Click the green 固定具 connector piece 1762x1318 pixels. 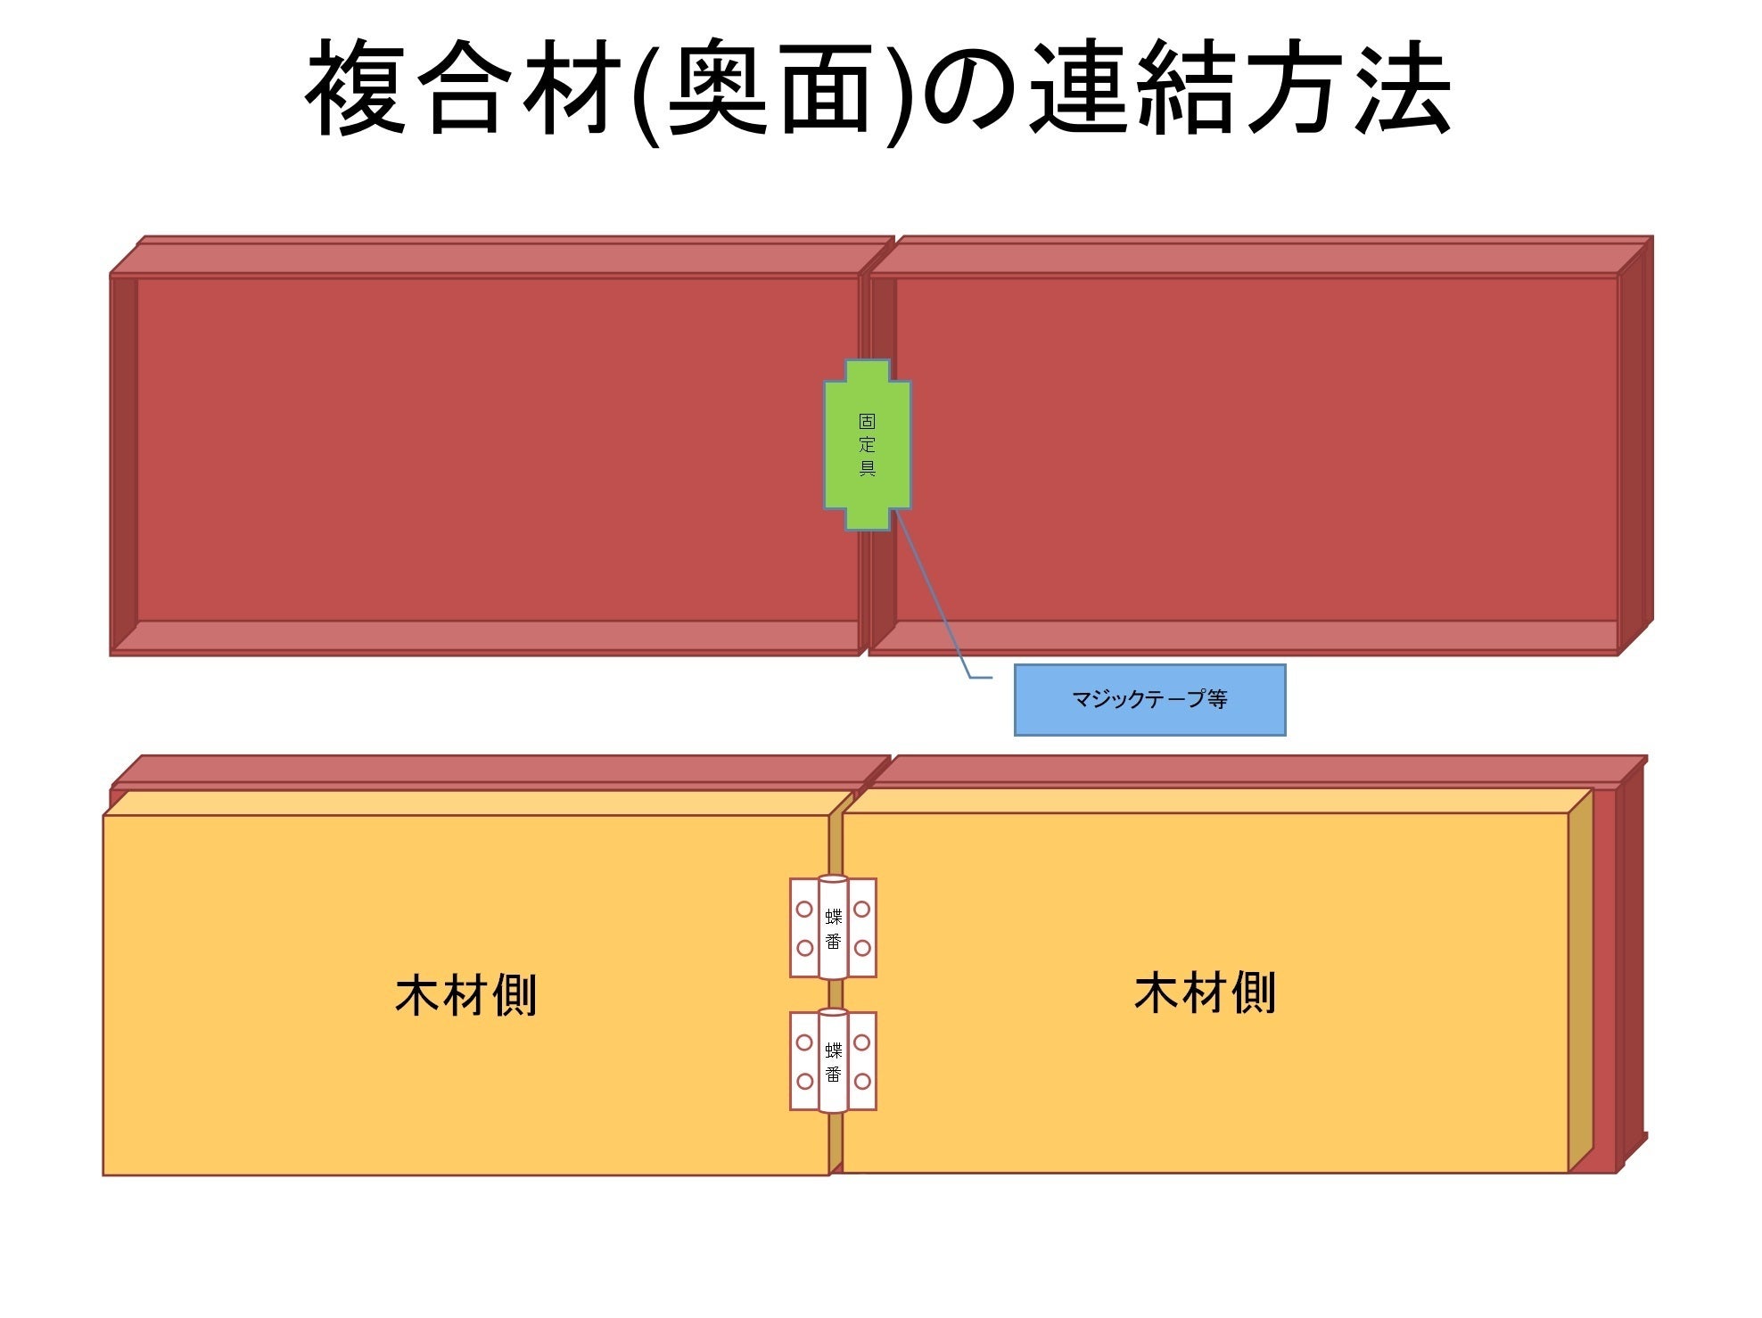[867, 445]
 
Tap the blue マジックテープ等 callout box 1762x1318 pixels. [1149, 700]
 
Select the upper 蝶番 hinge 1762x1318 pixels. [833, 927]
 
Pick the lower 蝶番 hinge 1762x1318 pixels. [833, 1060]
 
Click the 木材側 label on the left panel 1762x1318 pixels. [465, 995]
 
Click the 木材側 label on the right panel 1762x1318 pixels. [1205, 993]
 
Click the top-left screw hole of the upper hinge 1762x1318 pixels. [804, 910]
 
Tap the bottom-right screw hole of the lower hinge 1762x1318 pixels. [861, 1081]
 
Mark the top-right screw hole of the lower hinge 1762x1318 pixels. [861, 1042]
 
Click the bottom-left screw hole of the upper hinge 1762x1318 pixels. [804, 948]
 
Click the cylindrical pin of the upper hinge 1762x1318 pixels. [833, 927]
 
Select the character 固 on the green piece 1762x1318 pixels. [867, 421]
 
